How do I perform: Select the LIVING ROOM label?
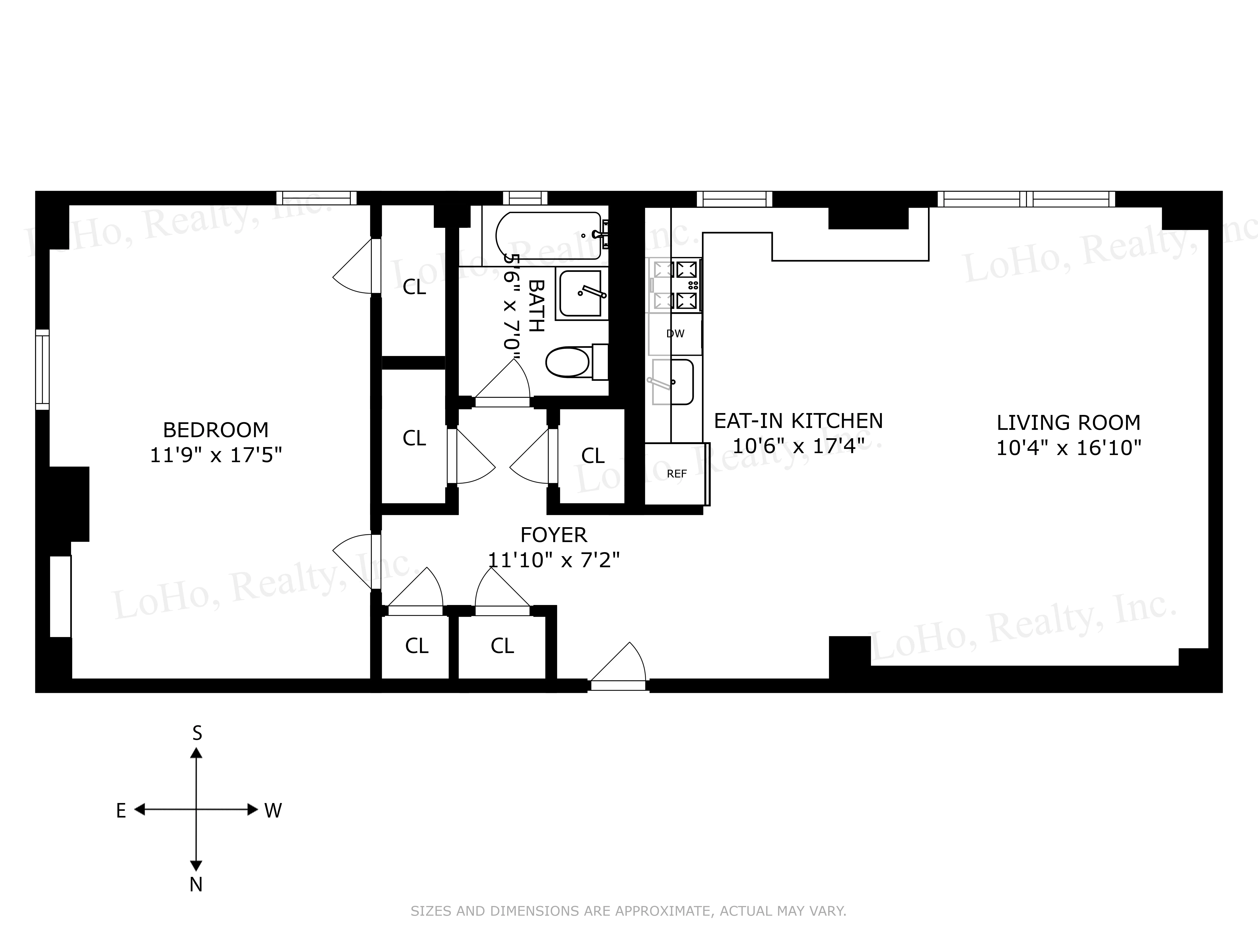click(x=1068, y=423)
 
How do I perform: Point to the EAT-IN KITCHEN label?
click(x=798, y=421)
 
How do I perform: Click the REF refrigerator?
click(x=676, y=473)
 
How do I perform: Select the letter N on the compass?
click(x=196, y=885)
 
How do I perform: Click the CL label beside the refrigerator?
click(x=593, y=456)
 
